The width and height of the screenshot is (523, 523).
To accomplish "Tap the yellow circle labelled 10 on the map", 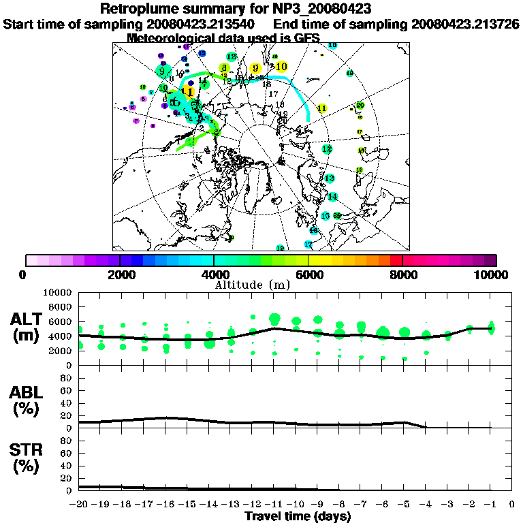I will click(x=281, y=66).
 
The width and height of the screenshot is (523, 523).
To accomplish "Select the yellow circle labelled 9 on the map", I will click(x=255, y=68).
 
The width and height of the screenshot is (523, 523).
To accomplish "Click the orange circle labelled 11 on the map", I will click(x=188, y=91).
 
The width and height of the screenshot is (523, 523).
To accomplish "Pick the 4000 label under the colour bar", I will click(x=213, y=275).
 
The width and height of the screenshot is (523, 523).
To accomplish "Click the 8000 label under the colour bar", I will click(x=402, y=275).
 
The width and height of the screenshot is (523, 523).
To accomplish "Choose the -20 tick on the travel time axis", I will click(x=79, y=505).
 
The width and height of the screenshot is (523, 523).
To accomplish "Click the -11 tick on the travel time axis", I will click(x=274, y=505).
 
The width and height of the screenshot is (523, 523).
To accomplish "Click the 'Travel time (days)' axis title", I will click(x=298, y=516).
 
